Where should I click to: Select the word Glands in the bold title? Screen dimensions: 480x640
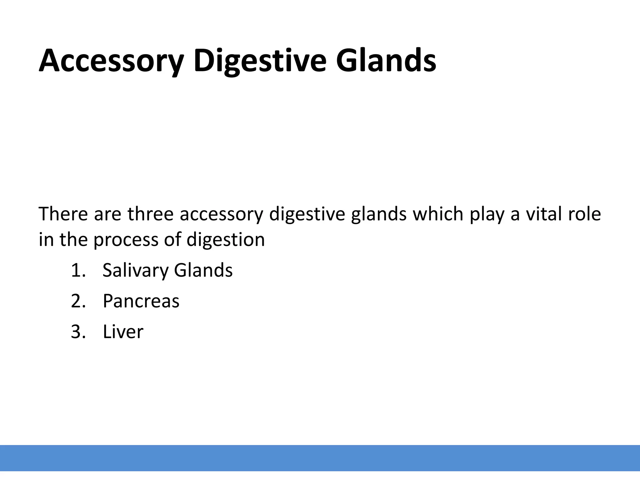pos(386,61)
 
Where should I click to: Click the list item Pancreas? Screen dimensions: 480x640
pos(141,301)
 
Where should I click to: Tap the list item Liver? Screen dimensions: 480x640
pos(123,332)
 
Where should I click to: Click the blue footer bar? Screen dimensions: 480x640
pos(320,458)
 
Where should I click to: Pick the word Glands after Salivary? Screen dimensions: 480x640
pos(203,270)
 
